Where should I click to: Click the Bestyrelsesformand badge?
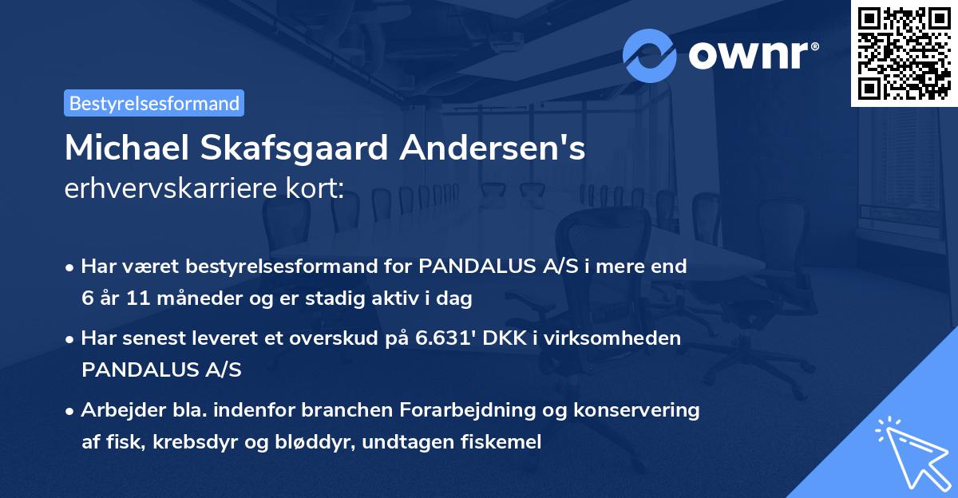tap(154, 103)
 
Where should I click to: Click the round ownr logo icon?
tap(650, 55)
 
